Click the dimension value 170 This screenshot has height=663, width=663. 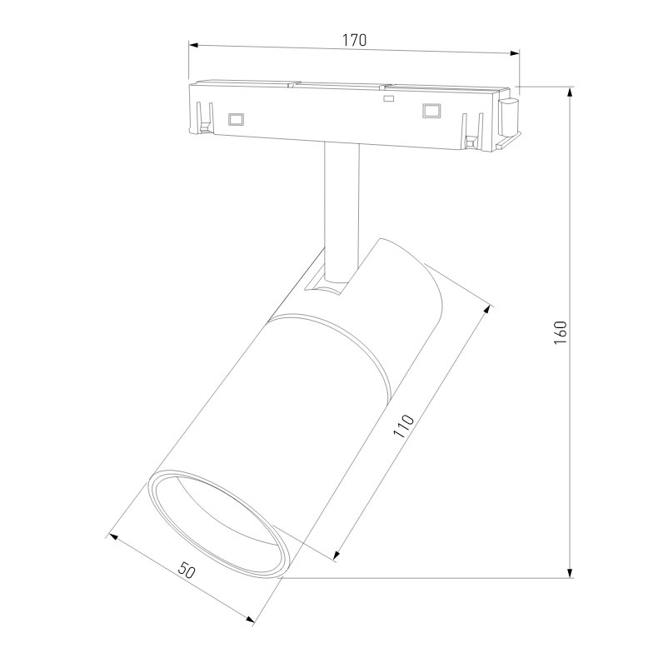coord(355,39)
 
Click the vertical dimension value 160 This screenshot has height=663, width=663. coord(561,332)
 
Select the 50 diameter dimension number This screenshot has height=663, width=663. coord(187,571)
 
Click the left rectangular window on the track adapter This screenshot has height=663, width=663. coord(235,118)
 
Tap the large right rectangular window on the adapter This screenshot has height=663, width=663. coord(431,109)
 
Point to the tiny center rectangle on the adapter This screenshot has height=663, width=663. coord(386,100)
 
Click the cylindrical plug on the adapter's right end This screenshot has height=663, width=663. coord(508,115)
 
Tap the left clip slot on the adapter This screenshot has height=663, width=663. coord(204,116)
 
